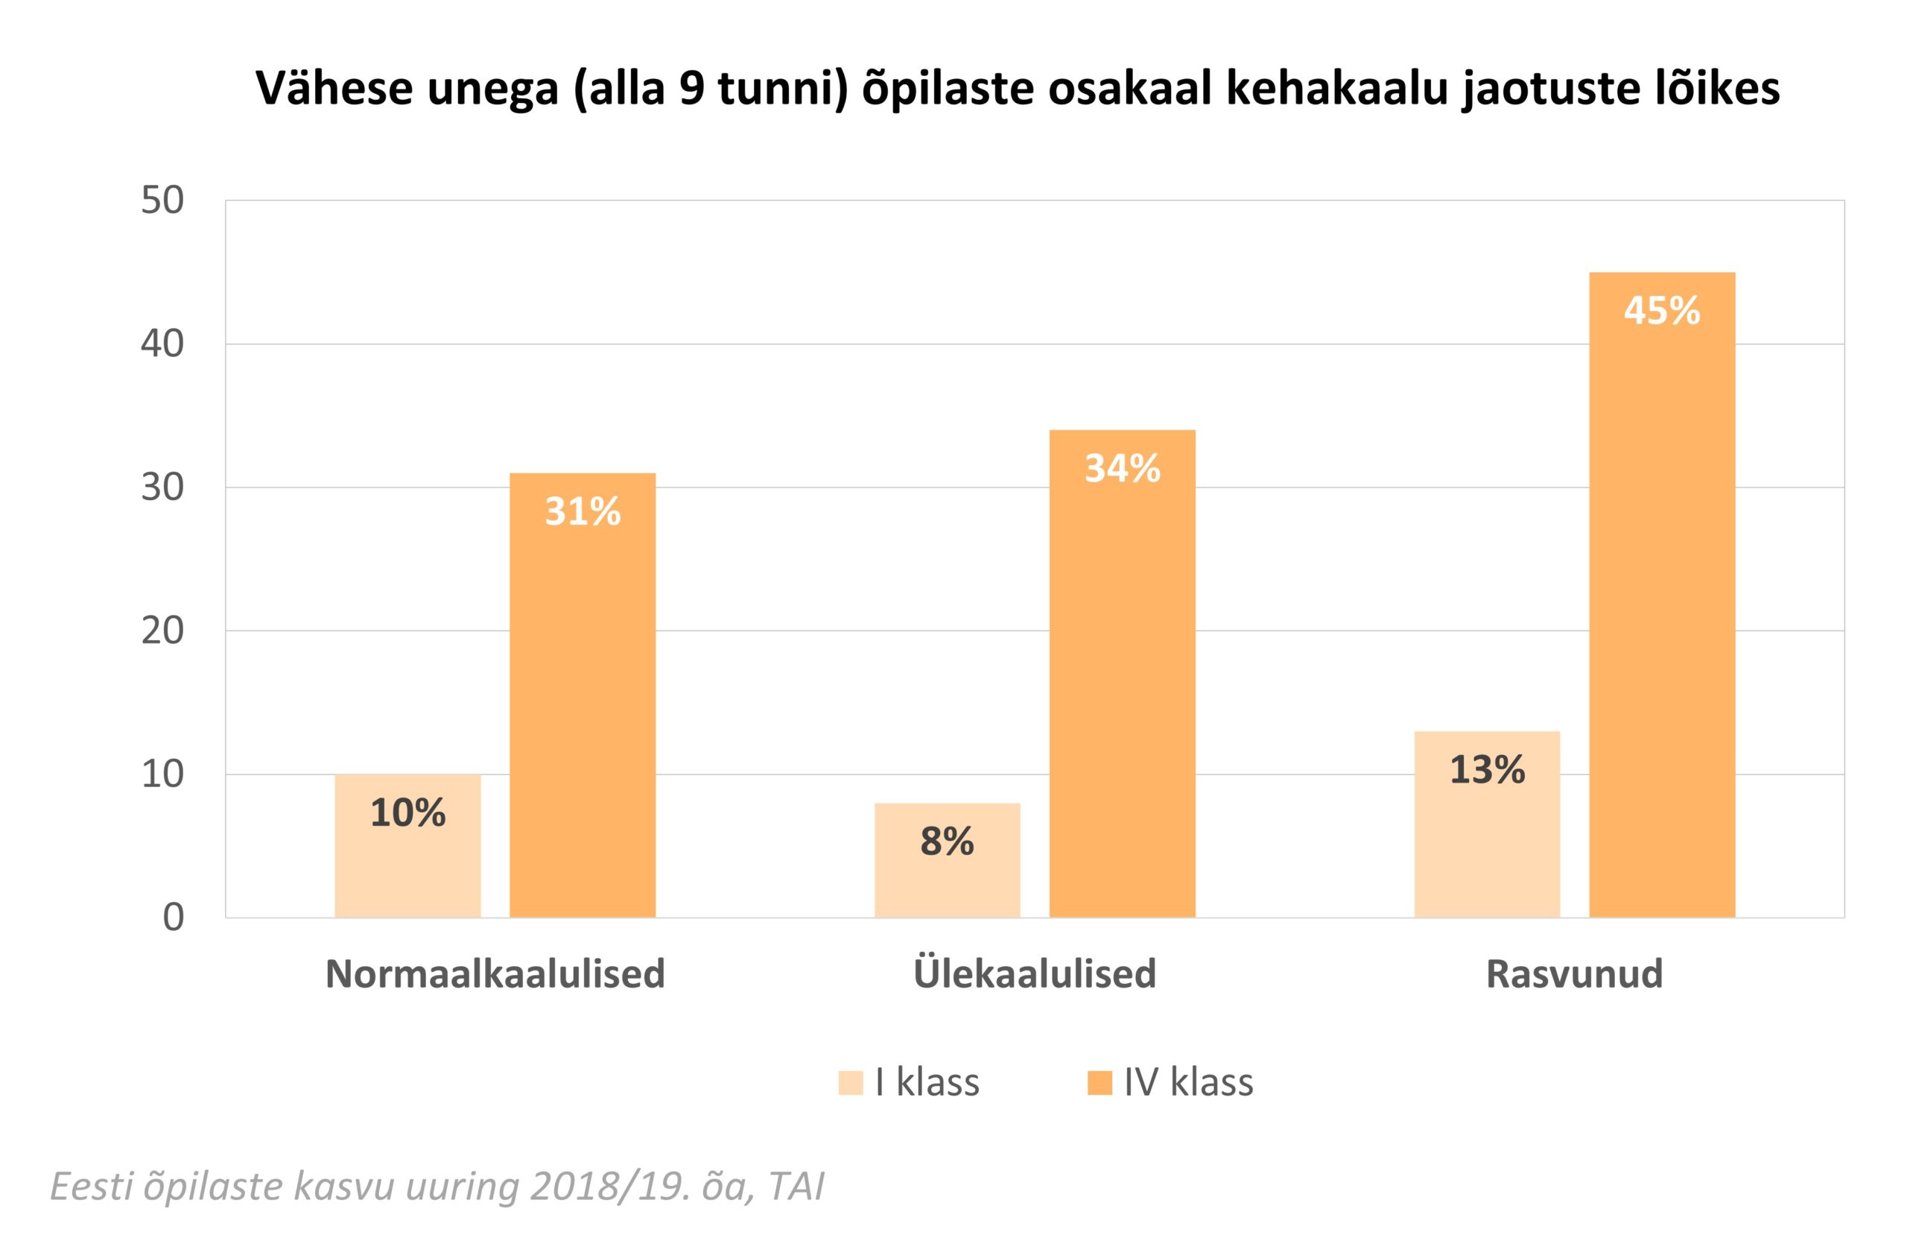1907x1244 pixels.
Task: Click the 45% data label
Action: tap(1662, 311)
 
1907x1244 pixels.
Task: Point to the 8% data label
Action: tap(947, 841)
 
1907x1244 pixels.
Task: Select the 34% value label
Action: tap(1122, 469)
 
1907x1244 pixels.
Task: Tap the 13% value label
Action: tap(1487, 770)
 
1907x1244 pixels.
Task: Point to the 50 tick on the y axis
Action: tap(162, 201)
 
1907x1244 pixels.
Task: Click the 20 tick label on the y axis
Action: tap(162, 631)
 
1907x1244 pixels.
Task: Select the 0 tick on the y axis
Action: tap(173, 918)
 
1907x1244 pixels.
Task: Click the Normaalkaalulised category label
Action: tap(495, 974)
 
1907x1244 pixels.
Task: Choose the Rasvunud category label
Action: tap(1575, 974)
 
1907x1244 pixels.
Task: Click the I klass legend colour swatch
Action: tap(851, 1083)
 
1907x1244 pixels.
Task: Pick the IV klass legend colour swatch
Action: tap(1100, 1083)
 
